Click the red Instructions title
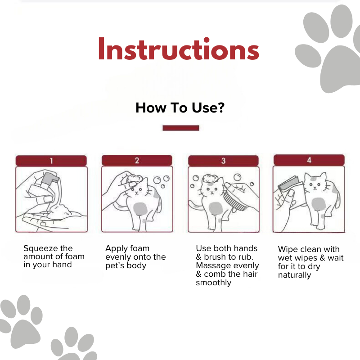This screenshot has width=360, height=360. point(179,49)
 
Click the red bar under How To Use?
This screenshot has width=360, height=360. point(181,128)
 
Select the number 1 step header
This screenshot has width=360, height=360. point(51,161)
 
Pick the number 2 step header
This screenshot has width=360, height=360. point(137,160)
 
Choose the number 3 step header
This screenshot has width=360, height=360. point(223,161)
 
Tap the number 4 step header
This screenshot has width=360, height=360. point(309,160)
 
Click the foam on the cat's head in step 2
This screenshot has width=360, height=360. point(135,178)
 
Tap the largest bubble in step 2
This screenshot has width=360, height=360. point(157,180)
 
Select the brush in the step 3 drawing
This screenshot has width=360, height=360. point(235,200)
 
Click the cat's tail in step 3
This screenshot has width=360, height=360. point(196,204)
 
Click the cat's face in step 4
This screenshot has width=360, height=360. point(315,184)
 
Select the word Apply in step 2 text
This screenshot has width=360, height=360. point(116,249)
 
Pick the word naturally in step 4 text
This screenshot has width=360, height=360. point(295,275)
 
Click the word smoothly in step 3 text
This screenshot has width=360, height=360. point(213,283)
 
